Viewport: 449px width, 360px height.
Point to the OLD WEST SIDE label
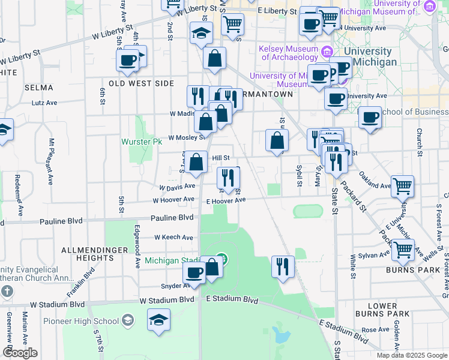point(141,83)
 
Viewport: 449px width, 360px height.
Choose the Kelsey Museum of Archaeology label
point(288,53)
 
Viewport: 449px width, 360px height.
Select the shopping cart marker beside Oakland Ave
point(402,186)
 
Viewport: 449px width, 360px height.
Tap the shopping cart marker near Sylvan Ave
point(403,248)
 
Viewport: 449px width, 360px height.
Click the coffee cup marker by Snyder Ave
point(193,273)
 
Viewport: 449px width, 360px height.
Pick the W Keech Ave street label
point(173,238)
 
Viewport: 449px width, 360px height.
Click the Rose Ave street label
point(376,329)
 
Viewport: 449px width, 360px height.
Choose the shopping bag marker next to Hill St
point(197,162)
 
